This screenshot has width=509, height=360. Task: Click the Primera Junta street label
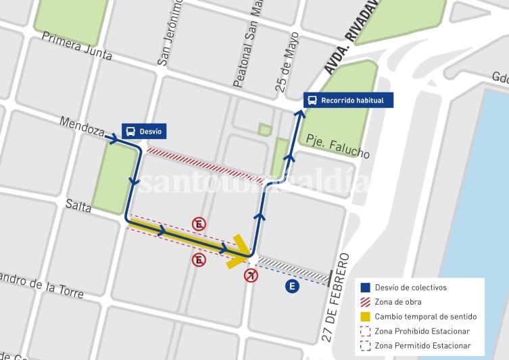(77, 46)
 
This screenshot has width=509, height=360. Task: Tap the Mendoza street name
(81, 126)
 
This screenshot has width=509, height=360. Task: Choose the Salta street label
(80, 205)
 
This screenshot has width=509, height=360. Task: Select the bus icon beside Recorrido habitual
(312, 101)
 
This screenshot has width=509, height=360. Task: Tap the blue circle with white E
(292, 287)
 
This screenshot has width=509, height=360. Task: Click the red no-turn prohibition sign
(251, 275)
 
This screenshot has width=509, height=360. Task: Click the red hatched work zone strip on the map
(205, 165)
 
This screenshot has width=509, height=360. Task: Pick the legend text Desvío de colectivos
(411, 288)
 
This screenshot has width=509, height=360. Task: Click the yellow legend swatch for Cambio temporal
(365, 317)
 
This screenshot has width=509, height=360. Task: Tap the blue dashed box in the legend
(365, 346)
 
